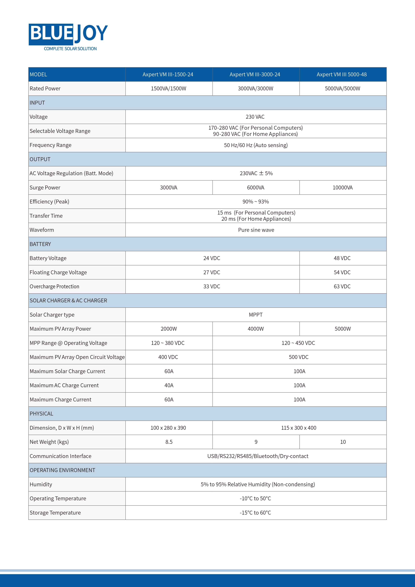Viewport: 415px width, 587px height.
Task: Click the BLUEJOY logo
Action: (x=68, y=34)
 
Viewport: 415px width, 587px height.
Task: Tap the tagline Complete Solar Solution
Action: (x=70, y=49)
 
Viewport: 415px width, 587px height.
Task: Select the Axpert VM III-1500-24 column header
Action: (x=168, y=74)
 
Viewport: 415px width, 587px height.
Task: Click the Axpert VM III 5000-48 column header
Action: (x=342, y=74)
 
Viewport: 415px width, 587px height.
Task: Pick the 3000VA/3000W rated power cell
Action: (x=255, y=89)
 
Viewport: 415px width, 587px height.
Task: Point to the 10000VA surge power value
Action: (x=342, y=188)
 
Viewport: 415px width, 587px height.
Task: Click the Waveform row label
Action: (x=42, y=230)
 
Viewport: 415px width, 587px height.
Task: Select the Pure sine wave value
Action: (x=256, y=230)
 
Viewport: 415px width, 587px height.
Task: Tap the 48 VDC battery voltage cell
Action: (x=342, y=258)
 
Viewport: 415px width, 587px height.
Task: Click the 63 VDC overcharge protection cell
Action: (x=342, y=286)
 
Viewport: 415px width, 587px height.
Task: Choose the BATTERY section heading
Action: (x=40, y=244)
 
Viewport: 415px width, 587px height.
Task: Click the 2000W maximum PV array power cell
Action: (x=169, y=329)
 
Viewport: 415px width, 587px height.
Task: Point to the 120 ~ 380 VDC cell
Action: (x=168, y=343)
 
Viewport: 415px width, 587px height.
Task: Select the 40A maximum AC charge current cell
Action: (x=169, y=385)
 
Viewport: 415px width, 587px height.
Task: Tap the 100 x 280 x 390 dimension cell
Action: (x=168, y=428)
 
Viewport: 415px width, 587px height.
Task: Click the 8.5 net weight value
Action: (x=169, y=442)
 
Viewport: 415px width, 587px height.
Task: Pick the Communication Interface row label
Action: (x=61, y=456)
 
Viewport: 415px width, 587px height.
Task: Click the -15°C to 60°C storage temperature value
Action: (x=255, y=513)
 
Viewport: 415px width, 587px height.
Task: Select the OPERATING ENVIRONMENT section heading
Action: (x=62, y=470)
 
